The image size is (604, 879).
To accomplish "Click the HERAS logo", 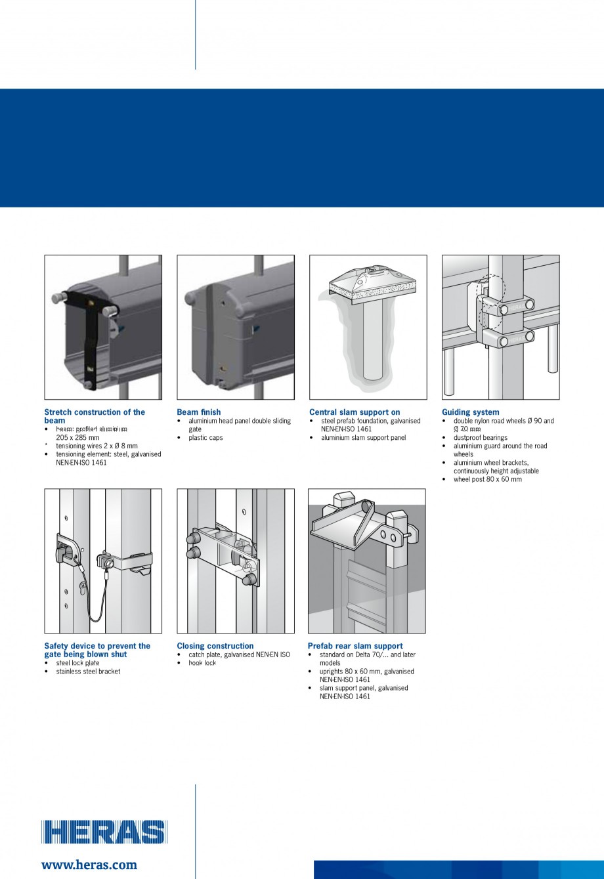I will coord(104,831).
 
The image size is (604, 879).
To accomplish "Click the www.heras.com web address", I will coord(89,865).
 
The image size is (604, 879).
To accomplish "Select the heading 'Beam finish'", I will coord(199,412).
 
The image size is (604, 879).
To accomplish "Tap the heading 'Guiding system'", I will coord(470,412).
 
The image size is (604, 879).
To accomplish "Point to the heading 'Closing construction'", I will coord(215,646).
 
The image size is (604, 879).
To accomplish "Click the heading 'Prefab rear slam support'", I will coord(355,646).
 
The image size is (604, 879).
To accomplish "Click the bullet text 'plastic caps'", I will coord(205,438).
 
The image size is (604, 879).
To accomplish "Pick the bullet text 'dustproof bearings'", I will coord(480,438).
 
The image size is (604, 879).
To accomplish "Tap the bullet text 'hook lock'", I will coord(202,663).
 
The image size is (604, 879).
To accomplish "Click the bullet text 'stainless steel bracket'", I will coord(88,672).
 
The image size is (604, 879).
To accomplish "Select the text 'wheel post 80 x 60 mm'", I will coord(487,479).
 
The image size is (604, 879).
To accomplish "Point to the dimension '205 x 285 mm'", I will coord(77,437).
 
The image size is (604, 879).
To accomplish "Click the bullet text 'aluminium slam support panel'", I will coord(363,438).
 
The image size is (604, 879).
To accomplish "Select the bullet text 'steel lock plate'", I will coord(77,663).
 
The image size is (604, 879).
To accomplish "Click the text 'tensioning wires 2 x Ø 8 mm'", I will coord(97,446).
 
